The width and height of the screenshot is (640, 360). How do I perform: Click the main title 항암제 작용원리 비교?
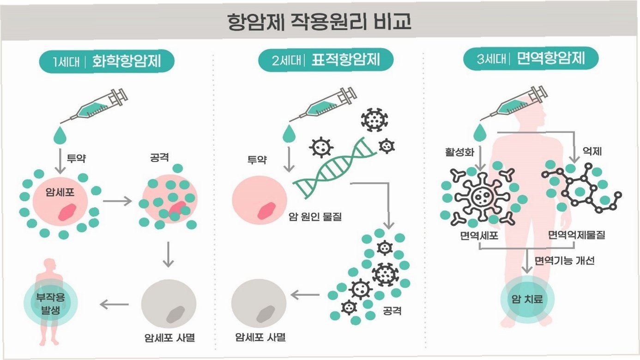tap(320, 21)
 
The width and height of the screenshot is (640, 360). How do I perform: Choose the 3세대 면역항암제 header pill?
tap(531, 59)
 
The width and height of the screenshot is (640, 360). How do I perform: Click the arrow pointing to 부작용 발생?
tap(115, 304)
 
